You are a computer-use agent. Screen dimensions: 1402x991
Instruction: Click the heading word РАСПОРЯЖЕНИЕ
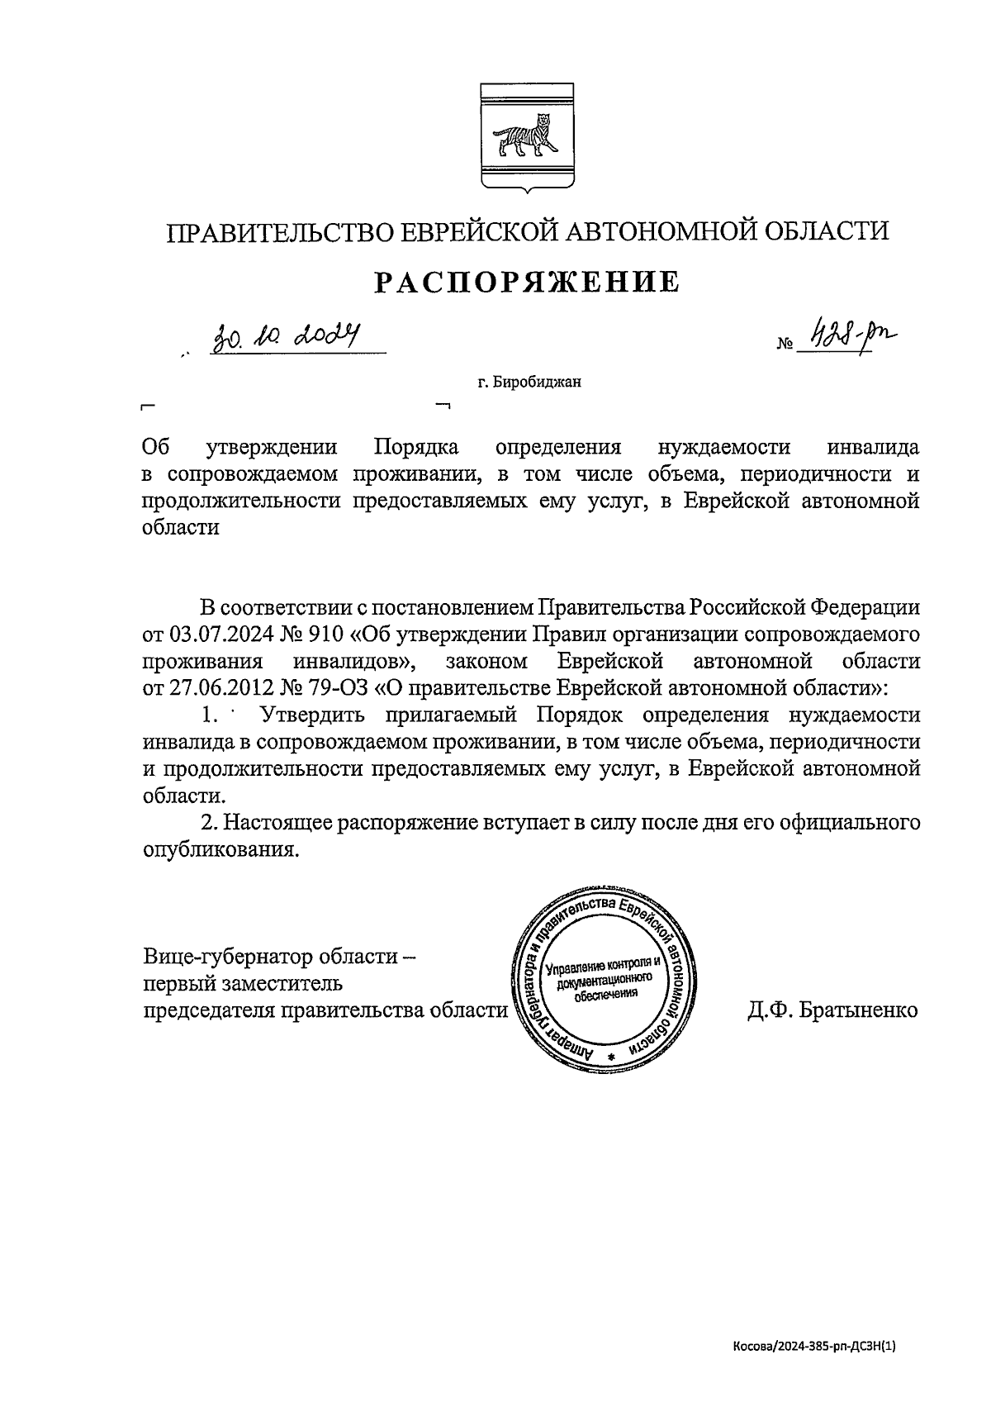[x=528, y=283]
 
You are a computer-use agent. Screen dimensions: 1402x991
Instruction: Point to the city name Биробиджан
[x=534, y=382]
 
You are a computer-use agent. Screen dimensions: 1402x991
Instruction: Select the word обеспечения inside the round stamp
[x=606, y=993]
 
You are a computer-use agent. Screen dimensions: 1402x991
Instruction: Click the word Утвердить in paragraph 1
[x=316, y=715]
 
